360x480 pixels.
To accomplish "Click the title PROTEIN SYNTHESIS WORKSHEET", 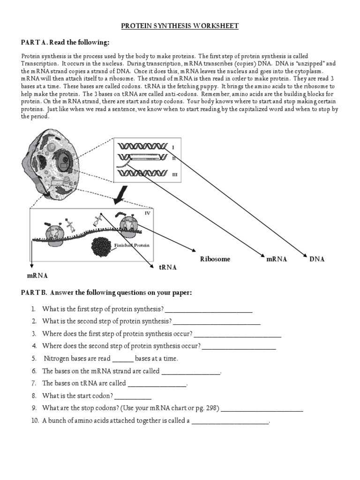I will click(180, 26).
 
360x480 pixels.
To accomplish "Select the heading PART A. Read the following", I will click(65, 43).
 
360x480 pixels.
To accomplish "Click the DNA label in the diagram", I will click(317, 259).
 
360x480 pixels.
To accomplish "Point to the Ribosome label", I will click(215, 259).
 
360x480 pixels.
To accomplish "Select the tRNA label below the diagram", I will click(168, 267).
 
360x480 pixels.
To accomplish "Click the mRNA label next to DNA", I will click(277, 259).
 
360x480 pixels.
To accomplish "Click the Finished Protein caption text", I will click(132, 245).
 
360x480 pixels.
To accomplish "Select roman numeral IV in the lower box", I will click(147, 213).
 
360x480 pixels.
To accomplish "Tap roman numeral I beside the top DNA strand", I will click(173, 147).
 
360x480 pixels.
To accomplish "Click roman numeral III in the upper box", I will click(174, 174).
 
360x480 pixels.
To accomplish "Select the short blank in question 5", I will click(123, 359).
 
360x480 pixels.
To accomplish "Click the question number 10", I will click(35, 421).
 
